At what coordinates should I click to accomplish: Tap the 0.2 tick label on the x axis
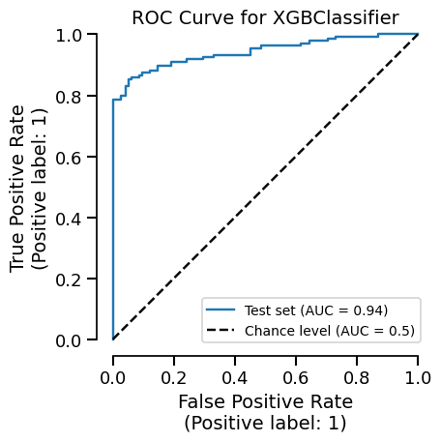click(x=174, y=375)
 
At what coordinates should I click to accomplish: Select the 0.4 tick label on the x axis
click(x=235, y=375)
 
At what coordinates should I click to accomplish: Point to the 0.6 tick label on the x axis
click(x=296, y=375)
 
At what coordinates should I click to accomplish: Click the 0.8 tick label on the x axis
click(x=357, y=375)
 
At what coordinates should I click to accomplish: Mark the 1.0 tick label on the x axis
click(x=418, y=375)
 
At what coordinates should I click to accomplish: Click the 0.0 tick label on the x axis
click(x=113, y=375)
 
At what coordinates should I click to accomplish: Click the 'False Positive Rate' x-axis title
click(x=265, y=401)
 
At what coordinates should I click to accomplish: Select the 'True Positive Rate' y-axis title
click(x=18, y=188)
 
